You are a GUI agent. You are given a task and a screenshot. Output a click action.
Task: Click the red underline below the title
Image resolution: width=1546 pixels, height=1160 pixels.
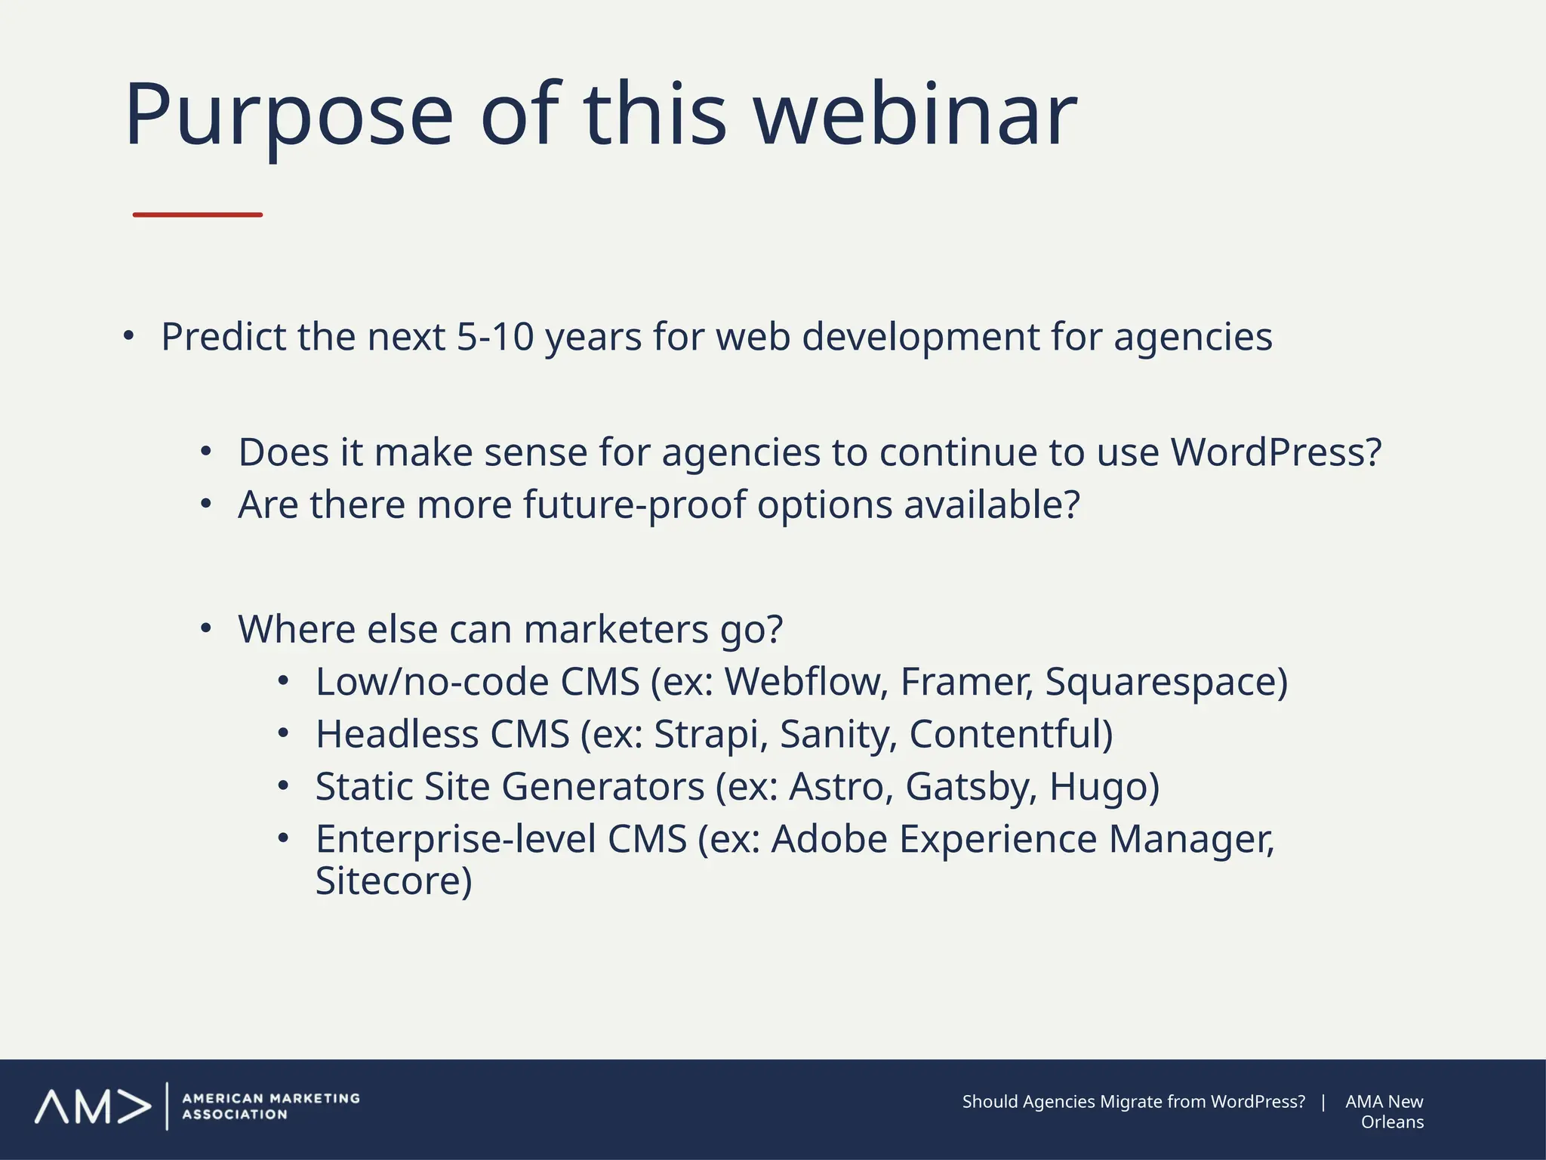[x=198, y=215]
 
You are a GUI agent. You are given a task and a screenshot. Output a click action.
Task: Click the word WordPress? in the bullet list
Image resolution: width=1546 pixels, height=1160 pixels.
[x=1276, y=452]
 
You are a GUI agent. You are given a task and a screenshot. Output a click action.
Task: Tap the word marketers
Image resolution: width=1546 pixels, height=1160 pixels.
[x=616, y=629]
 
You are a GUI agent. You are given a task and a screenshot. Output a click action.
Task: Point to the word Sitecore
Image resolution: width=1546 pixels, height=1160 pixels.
[x=393, y=881]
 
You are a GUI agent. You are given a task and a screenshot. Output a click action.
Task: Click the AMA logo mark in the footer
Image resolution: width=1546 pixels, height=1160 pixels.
[x=92, y=1107]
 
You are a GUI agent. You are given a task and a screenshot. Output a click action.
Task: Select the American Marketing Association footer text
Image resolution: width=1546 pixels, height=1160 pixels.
[x=270, y=1106]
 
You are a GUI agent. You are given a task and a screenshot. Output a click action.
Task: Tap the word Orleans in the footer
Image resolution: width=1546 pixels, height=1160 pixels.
[x=1392, y=1122]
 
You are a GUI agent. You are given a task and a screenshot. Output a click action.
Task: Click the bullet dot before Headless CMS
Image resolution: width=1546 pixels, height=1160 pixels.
[x=283, y=733]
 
